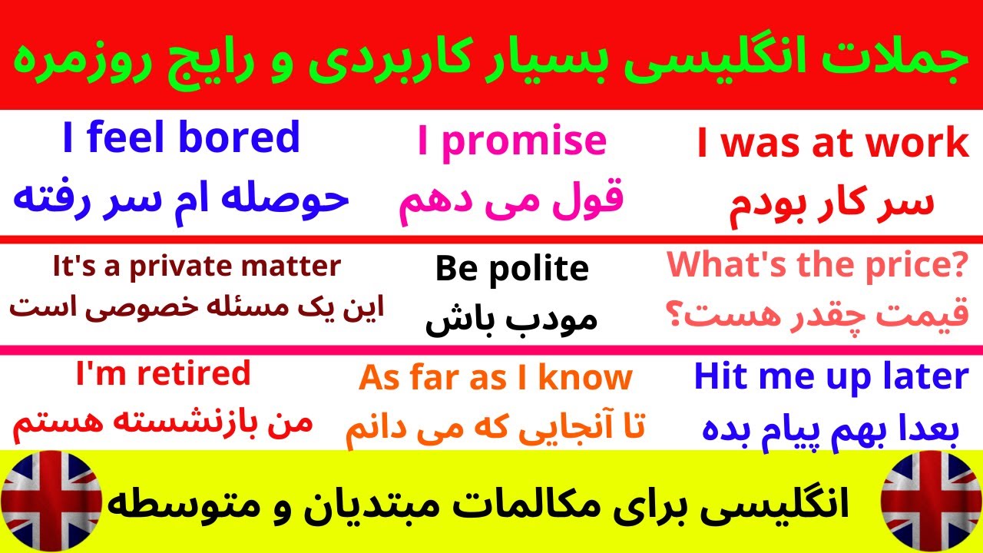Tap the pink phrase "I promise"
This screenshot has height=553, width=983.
pyautogui.click(x=511, y=141)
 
